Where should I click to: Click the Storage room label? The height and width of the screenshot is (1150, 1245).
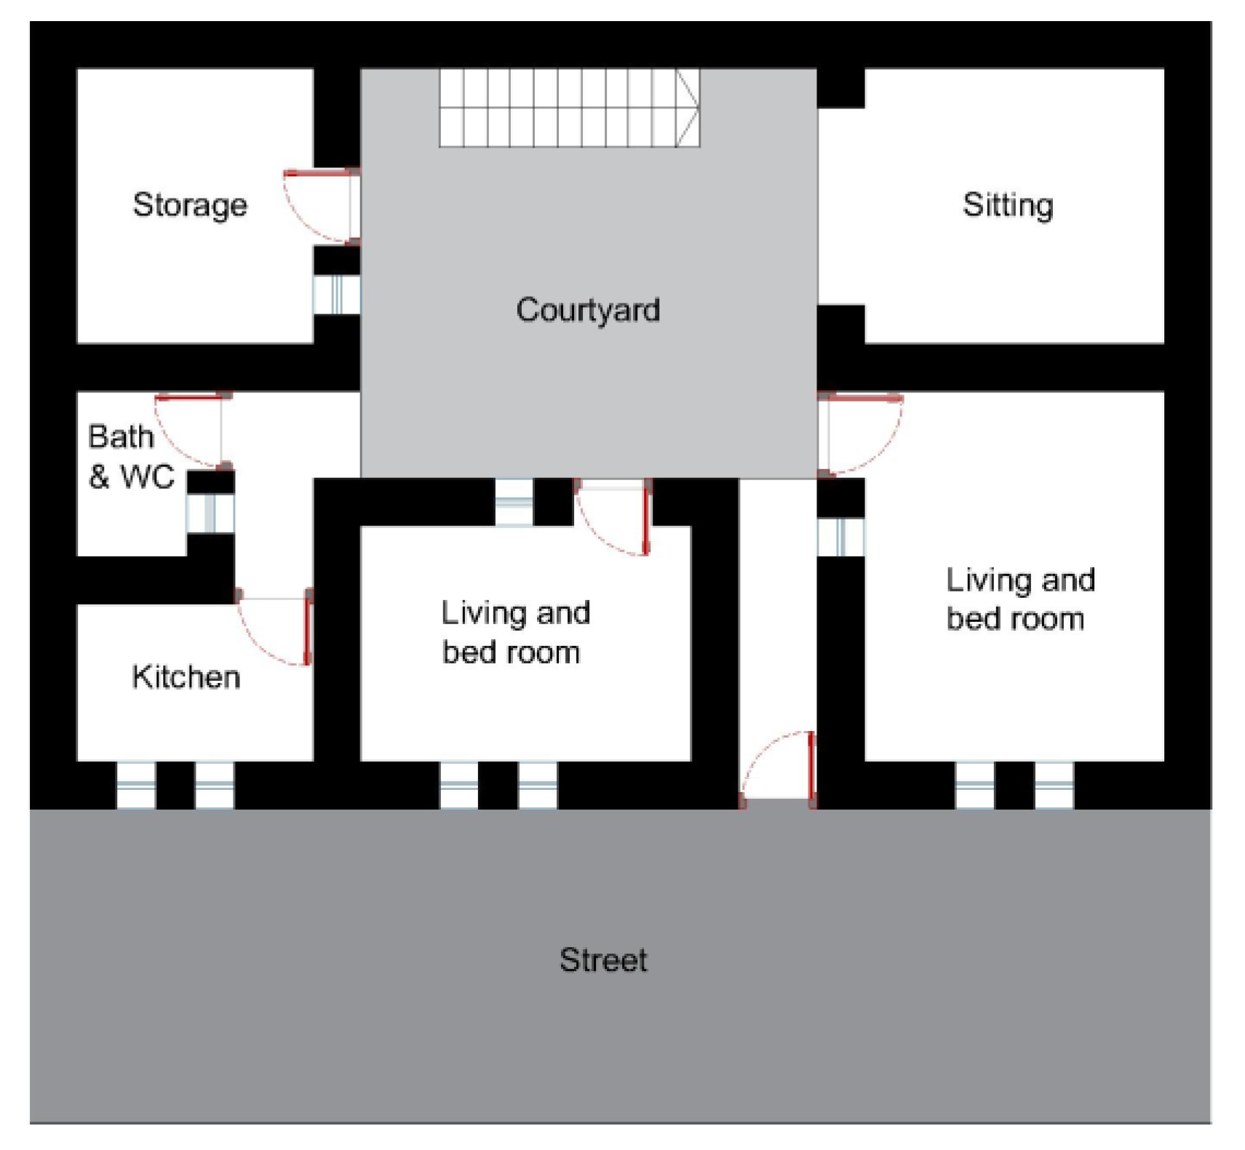pyautogui.click(x=190, y=205)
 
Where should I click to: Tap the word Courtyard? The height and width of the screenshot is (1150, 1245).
pyautogui.click(x=588, y=311)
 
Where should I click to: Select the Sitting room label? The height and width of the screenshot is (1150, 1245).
pyautogui.click(x=1008, y=205)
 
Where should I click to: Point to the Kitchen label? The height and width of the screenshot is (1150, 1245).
pyautogui.click(x=186, y=676)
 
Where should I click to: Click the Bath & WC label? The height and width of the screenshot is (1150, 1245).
pyautogui.click(x=131, y=456)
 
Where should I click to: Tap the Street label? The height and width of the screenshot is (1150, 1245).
pyautogui.click(x=603, y=960)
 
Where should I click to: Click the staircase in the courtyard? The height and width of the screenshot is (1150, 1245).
pyautogui.click(x=569, y=108)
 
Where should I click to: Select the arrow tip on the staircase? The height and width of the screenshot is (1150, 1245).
pyautogui.click(x=699, y=108)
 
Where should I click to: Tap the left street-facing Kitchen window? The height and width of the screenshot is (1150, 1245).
pyautogui.click(x=136, y=786)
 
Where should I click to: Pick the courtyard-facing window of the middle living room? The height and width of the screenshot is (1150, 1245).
pyautogui.click(x=514, y=502)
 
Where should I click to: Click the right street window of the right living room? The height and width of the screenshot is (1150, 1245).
pyautogui.click(x=1054, y=786)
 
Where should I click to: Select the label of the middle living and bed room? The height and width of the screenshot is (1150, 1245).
pyautogui.click(x=515, y=632)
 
